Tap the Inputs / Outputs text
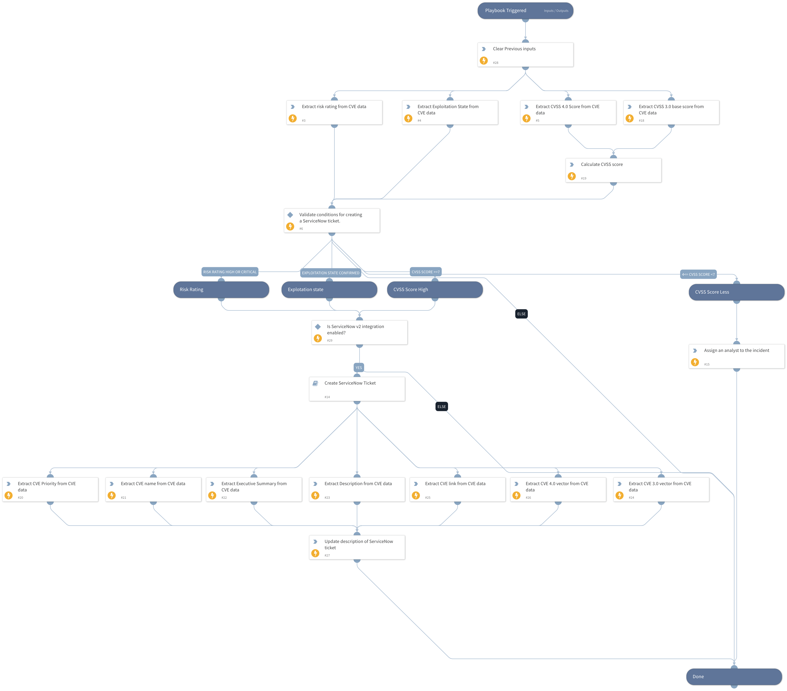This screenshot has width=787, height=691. coord(556,11)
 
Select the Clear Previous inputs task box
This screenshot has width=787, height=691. coord(525,55)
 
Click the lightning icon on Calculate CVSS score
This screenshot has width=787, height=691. coord(572,176)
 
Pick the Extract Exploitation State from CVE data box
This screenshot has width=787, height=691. coord(450,112)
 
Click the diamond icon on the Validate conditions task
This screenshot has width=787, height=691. coord(290,215)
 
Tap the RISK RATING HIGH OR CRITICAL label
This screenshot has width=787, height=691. coord(230,272)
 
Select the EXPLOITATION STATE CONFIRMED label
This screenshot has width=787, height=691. coord(330,273)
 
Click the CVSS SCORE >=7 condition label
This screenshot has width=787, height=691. coord(425,272)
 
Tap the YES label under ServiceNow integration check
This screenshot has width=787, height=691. coord(359,368)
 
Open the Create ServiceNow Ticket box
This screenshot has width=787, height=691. coord(357,389)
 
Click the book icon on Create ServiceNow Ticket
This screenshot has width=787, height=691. coord(315,383)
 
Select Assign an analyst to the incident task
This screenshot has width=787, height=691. coord(736,356)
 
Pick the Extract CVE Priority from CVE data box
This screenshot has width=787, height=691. coord(50,490)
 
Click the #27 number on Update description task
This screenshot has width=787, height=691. coord(327,556)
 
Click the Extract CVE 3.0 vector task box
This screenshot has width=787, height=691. coord(661,490)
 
